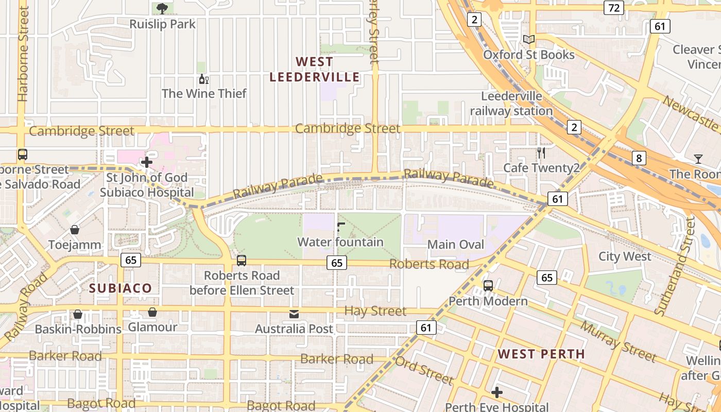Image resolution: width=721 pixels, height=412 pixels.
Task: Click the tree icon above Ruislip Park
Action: click(162, 8)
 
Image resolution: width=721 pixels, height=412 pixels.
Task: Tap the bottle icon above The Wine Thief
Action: click(204, 79)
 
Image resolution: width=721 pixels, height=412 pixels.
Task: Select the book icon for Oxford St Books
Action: click(528, 39)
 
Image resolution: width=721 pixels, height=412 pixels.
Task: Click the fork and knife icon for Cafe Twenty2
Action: click(541, 152)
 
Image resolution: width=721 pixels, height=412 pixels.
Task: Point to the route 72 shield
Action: click(613, 8)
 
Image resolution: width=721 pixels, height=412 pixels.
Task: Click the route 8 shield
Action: click(639, 158)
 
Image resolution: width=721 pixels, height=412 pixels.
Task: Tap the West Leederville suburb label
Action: click(315, 70)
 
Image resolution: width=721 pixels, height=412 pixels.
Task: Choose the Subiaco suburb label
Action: click(121, 288)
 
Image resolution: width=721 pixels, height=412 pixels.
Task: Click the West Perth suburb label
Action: click(541, 354)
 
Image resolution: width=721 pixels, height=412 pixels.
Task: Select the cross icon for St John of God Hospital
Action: click(147, 162)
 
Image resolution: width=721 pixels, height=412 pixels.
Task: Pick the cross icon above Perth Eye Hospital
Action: click(496, 392)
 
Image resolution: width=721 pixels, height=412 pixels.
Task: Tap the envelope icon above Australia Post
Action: click(294, 314)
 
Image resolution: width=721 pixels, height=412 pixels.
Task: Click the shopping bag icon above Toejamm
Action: click(75, 230)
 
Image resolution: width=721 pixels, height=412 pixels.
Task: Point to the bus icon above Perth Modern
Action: click(488, 285)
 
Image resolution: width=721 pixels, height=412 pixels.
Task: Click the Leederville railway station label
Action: click(511, 104)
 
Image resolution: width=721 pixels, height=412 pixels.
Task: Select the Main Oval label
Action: click(456, 244)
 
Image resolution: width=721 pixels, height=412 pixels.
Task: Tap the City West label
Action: click(625, 256)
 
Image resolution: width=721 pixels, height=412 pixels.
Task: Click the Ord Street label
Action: click(424, 370)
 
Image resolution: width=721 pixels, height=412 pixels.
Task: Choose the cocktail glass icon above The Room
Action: click(698, 159)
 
